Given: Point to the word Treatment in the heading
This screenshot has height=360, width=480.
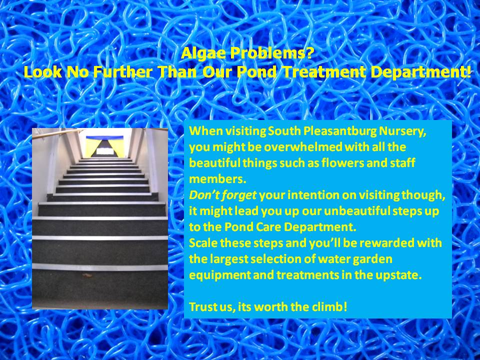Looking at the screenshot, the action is tap(323, 72).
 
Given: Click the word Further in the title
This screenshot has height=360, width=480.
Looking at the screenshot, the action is tap(123, 72).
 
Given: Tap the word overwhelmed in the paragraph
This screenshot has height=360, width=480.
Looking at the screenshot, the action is tap(303, 147).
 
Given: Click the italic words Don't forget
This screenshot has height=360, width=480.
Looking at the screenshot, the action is tap(222, 195).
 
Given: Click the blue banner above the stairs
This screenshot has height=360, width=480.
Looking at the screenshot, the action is tap(104, 137).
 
